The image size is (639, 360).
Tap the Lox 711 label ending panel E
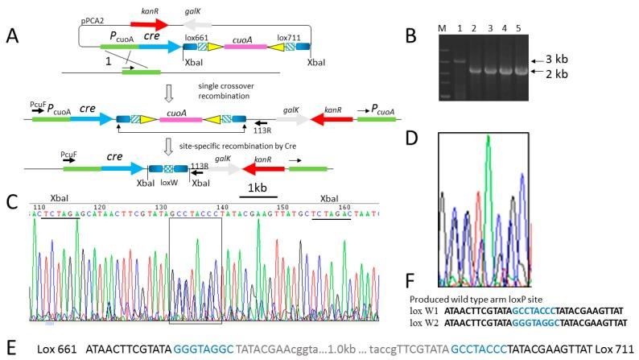(x=616, y=350)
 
